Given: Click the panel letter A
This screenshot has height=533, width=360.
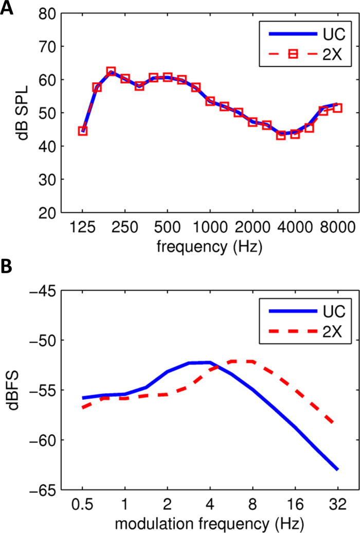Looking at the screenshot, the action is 7,8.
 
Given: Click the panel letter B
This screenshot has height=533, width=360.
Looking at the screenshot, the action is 6,267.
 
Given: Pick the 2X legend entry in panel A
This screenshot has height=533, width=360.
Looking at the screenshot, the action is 305,54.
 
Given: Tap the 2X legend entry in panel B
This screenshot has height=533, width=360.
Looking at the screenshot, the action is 305,331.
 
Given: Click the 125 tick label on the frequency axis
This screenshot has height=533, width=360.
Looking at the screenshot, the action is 82,227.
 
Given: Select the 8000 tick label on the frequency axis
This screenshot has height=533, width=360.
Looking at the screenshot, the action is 337,227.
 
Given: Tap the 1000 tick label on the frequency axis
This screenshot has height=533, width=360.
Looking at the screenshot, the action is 210,227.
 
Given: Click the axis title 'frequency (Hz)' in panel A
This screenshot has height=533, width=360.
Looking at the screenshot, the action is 209,247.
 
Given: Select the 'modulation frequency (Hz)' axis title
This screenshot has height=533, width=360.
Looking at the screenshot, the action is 209,524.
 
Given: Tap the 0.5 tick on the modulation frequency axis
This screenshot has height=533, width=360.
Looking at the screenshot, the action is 82,504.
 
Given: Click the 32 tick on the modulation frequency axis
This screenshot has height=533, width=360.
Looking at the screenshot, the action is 337,504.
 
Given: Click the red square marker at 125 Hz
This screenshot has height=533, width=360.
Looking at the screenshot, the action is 83,131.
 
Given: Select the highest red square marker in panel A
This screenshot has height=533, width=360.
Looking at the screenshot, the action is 111,72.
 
